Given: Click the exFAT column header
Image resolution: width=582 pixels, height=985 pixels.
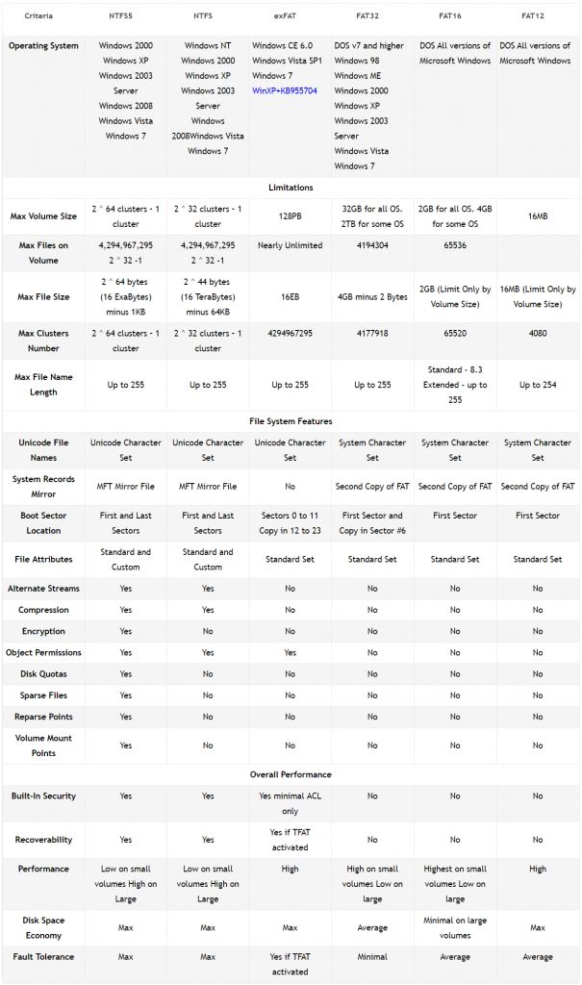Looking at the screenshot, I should (290, 16).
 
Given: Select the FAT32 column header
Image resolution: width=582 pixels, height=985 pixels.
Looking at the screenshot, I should (372, 16).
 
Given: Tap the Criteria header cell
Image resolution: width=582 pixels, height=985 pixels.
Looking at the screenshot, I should (39, 16).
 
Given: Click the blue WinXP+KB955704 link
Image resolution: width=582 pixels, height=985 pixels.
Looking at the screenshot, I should (285, 90).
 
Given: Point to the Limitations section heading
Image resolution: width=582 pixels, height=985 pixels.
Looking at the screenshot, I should (290, 188).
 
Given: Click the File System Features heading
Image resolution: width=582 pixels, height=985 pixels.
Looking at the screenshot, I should (290, 421).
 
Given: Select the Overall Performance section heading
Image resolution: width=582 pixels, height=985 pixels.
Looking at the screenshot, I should (290, 774).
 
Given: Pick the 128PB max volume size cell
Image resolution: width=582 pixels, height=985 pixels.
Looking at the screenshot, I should (290, 216).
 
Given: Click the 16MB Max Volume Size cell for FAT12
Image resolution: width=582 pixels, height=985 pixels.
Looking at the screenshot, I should (537, 216).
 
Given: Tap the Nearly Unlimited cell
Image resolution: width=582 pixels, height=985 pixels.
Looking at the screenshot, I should (290, 245).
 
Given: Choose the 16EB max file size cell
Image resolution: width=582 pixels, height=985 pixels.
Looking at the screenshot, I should (290, 297).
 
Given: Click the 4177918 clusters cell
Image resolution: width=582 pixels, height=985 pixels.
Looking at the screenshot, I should (372, 334).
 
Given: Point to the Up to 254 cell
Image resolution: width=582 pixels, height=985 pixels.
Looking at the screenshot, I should (537, 385).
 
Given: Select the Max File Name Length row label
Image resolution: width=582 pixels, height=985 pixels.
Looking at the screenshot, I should (43, 385).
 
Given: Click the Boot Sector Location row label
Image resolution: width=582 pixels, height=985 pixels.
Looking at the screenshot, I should (43, 522).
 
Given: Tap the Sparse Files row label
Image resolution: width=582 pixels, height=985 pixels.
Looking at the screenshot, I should (43, 695).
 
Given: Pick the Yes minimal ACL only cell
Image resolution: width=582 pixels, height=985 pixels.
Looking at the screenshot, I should (290, 803).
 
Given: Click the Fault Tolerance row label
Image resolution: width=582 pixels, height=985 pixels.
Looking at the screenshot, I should (43, 957).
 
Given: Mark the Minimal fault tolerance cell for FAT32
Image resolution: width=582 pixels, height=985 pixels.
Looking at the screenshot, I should (372, 957).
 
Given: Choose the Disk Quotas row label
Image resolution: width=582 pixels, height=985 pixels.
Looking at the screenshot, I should (43, 674).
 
